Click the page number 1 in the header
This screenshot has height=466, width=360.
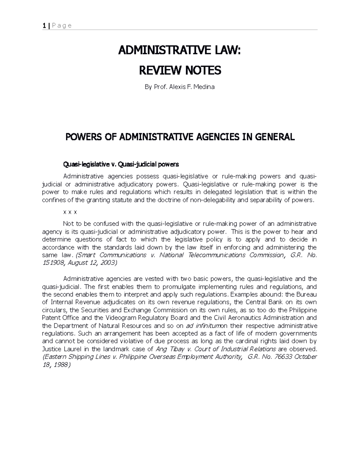44,26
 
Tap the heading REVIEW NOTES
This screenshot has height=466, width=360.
180,71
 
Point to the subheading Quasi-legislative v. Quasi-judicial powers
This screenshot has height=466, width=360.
121,164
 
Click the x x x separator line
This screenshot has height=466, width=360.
70,212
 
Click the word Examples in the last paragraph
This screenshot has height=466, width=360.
241,294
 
